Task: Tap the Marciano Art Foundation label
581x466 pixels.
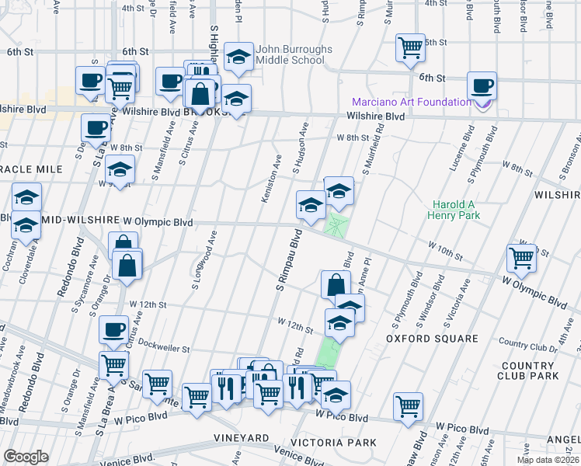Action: (411, 102)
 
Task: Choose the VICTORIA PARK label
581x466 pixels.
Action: (342, 443)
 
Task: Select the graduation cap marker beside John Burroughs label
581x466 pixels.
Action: (238, 54)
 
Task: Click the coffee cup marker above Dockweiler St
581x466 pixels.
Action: (114, 329)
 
